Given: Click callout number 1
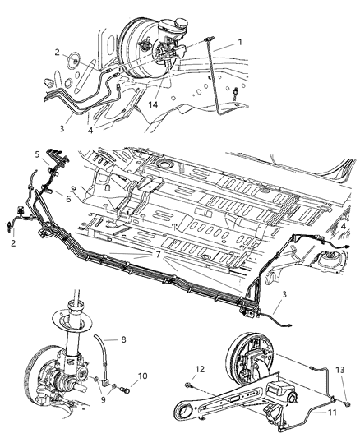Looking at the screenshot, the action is point(240,42).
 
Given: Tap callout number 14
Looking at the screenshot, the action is point(153,104).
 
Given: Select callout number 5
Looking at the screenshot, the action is point(38,154).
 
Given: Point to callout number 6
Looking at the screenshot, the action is point(68,199).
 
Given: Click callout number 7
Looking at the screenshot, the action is point(158,255).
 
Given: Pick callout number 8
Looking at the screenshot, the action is point(123,339).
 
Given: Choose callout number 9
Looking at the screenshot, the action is point(104,399).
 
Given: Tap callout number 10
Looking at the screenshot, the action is point(142,376).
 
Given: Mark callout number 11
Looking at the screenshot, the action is point(332,412).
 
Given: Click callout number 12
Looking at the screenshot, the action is point(200,369).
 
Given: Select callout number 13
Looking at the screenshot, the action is point(340,370).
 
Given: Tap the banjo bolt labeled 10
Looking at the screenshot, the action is point(125,390).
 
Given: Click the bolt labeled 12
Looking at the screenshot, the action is point(188,385).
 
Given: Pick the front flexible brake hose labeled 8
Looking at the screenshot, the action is point(103,358).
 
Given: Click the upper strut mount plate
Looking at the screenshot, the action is point(72,320).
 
